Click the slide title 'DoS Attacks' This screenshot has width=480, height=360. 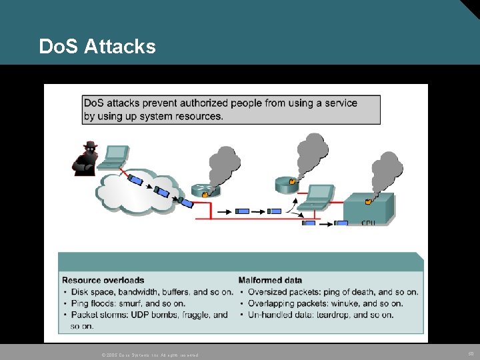click(97, 46)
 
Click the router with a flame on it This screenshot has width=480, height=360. click(205, 190)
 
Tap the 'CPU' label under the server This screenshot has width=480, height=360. click(368, 223)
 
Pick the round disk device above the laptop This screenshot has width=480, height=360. click(289, 183)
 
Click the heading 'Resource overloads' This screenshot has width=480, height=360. click(103, 280)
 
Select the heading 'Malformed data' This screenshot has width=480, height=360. click(270, 280)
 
